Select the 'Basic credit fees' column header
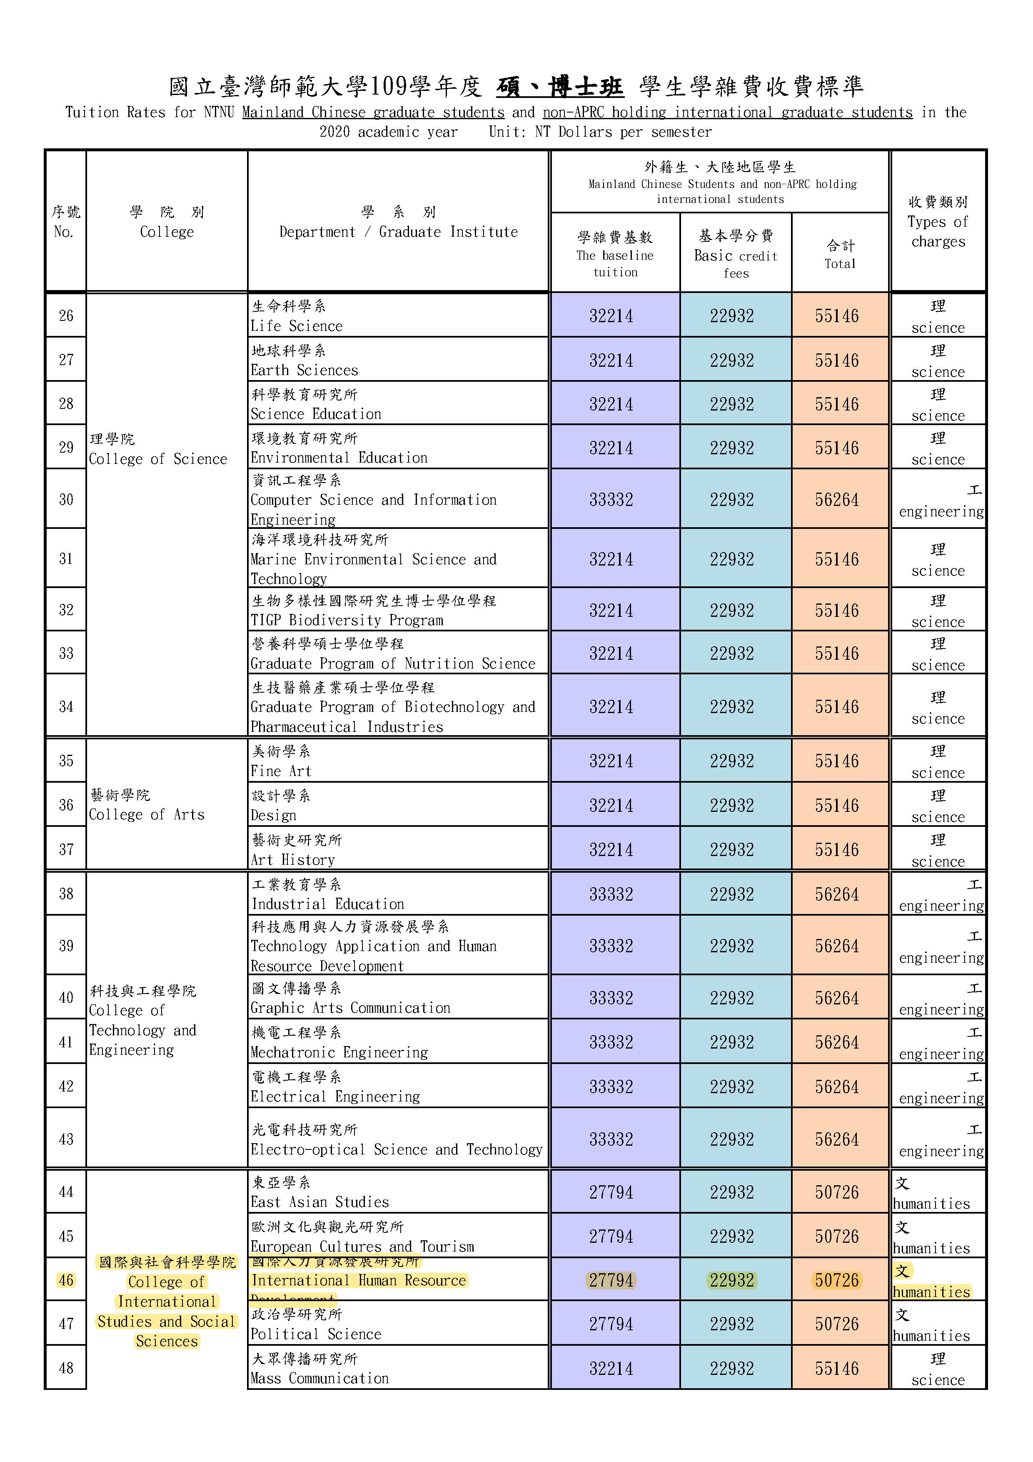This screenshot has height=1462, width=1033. click(735, 254)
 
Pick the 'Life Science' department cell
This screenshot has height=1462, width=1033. click(297, 326)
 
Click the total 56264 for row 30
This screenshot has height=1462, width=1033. click(836, 500)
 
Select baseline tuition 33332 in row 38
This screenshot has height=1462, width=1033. click(611, 894)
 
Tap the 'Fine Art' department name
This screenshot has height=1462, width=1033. click(281, 771)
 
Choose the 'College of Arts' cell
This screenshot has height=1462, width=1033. click(147, 814)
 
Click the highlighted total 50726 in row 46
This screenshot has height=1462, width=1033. click(836, 1281)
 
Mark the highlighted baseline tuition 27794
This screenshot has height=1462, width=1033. click(611, 1281)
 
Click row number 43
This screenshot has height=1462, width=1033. click(66, 1139)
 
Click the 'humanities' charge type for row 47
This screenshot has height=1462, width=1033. click(931, 1335)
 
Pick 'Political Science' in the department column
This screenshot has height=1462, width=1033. click(316, 1334)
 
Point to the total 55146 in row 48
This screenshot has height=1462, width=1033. click(836, 1368)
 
